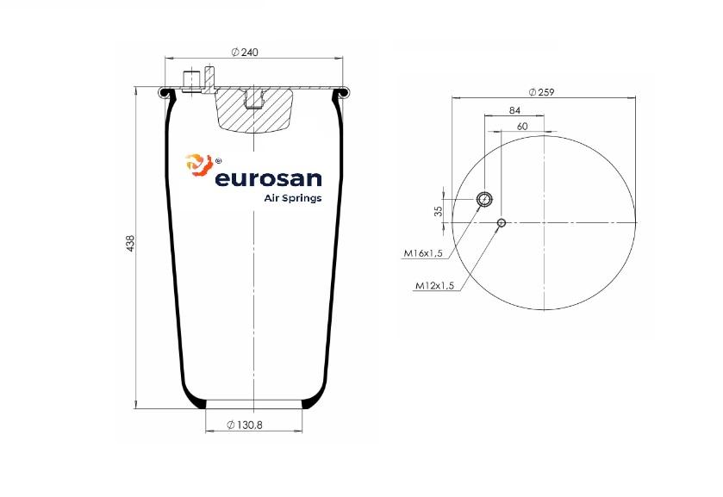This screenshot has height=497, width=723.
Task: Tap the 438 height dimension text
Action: click(x=130, y=243)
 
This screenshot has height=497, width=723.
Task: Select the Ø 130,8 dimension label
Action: click(x=245, y=426)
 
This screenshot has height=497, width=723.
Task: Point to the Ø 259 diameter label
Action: click(x=542, y=92)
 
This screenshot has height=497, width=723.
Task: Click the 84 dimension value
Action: click(x=514, y=110)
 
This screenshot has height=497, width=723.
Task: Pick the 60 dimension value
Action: click(x=522, y=127)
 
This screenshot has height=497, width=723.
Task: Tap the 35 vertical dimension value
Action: click(x=439, y=211)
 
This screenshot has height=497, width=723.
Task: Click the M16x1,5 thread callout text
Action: click(x=423, y=253)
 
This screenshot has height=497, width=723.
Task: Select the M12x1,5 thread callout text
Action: click(x=435, y=286)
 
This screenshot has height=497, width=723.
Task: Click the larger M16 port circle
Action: click(x=484, y=199)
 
